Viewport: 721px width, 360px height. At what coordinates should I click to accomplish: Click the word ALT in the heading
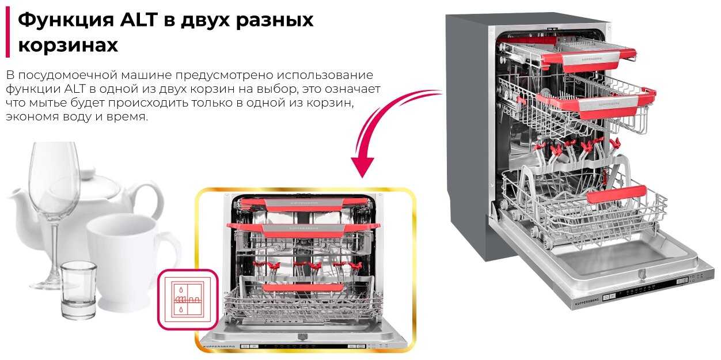click(x=141, y=20)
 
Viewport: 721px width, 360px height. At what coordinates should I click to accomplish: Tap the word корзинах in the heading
click(x=68, y=46)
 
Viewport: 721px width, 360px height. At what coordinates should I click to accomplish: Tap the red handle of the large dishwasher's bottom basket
click(x=616, y=195)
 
